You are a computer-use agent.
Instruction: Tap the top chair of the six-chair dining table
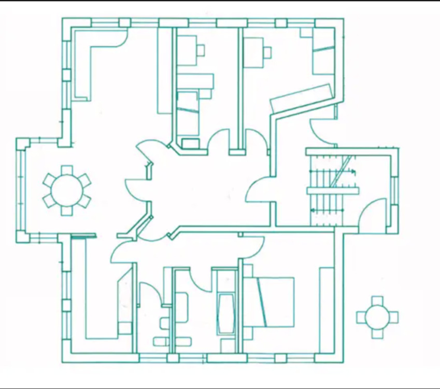[67, 170]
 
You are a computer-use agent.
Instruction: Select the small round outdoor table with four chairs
[377, 316]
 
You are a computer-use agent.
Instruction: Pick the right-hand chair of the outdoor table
[394, 316]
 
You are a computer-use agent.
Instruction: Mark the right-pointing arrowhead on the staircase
[354, 172]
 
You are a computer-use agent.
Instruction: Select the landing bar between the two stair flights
[333, 191]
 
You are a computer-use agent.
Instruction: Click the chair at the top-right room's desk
[267, 52]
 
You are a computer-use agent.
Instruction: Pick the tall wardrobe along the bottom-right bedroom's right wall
[326, 309]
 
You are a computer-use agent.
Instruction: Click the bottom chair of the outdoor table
[377, 334]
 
